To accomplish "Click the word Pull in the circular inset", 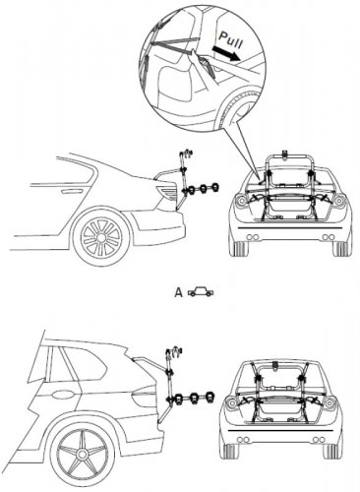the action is tap(231, 40).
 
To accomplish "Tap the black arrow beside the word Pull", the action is tap(226, 54).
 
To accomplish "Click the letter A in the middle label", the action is tap(178, 292).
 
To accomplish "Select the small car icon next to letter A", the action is tap(201, 291).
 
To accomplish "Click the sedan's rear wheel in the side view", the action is tap(101, 236).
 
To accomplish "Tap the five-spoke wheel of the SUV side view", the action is tap(82, 454).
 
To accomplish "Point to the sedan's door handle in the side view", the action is tap(69, 191).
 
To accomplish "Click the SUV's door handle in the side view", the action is tap(61, 394).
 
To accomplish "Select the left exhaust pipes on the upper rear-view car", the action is tap(252, 237).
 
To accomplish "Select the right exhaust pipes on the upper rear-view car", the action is tap(328, 237).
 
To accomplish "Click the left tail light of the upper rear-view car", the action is tap(240, 200).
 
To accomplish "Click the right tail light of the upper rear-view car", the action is tap(339, 200).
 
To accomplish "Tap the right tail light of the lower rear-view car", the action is tap(330, 402).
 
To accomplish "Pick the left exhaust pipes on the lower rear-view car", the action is tap(243, 440).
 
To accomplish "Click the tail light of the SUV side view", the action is tap(144, 396).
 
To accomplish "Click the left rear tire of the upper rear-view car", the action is tap(240, 249).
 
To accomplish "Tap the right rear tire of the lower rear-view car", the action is tap(330, 452).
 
